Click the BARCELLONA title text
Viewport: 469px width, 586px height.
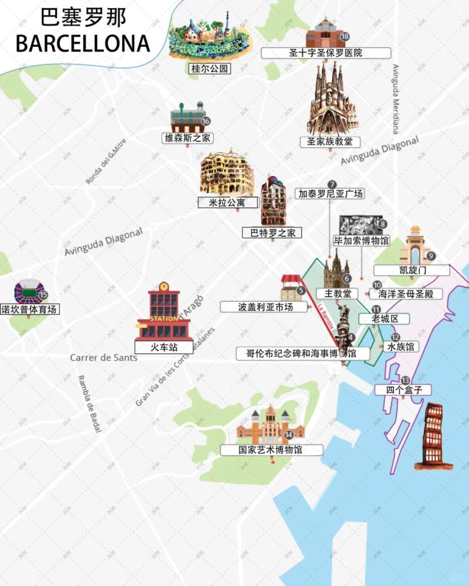pyautogui.click(x=83, y=43)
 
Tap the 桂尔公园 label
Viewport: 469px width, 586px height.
pyautogui.click(x=208, y=69)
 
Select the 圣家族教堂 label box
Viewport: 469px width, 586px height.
pyautogui.click(x=329, y=142)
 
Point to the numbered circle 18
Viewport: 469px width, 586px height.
pyautogui.click(x=345, y=37)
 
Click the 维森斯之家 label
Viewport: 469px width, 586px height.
pyautogui.click(x=188, y=138)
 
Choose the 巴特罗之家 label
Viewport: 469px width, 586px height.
pyautogui.click(x=273, y=233)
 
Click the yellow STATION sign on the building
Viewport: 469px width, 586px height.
pyautogui.click(x=164, y=318)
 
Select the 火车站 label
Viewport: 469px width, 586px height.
pyautogui.click(x=164, y=347)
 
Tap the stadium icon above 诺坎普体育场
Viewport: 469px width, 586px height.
pyautogui.click(x=28, y=291)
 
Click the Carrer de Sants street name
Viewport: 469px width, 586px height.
pyautogui.click(x=103, y=357)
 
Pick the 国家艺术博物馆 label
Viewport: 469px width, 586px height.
pyautogui.click(x=271, y=450)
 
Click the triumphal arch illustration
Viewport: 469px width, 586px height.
pyautogui.click(x=415, y=246)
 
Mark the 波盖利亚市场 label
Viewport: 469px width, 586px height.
pyautogui.click(x=265, y=306)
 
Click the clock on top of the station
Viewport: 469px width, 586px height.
pyautogui.click(x=164, y=287)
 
